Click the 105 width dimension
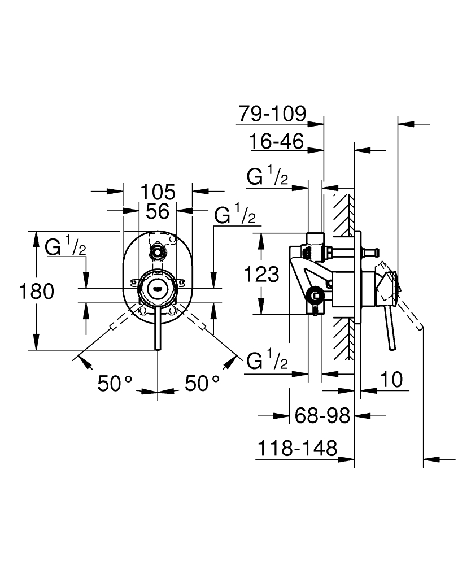coord(158,192)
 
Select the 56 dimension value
coord(158,211)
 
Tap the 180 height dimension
coord(37,292)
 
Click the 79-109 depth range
coord(271,114)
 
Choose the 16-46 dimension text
coord(277,141)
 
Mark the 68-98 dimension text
coord(322,416)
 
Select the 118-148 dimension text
coord(297,449)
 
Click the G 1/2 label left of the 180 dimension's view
coord(66,247)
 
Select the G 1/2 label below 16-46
coord(268,177)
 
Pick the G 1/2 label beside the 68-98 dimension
coord(268,360)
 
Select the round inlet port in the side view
coord(315,295)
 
